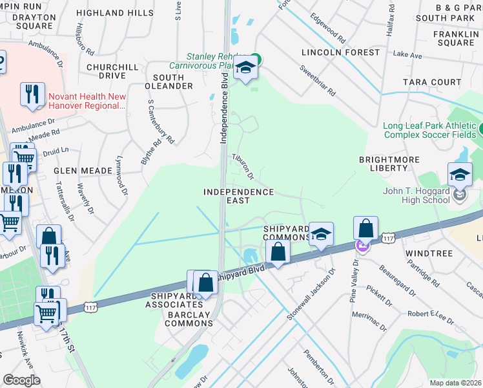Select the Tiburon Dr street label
(x=243, y=166)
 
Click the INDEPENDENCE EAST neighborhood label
(x=238, y=197)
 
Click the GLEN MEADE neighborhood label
(x=83, y=171)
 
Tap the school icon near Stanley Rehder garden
(x=245, y=67)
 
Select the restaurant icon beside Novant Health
(x=32, y=94)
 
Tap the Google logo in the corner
(x=21, y=380)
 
